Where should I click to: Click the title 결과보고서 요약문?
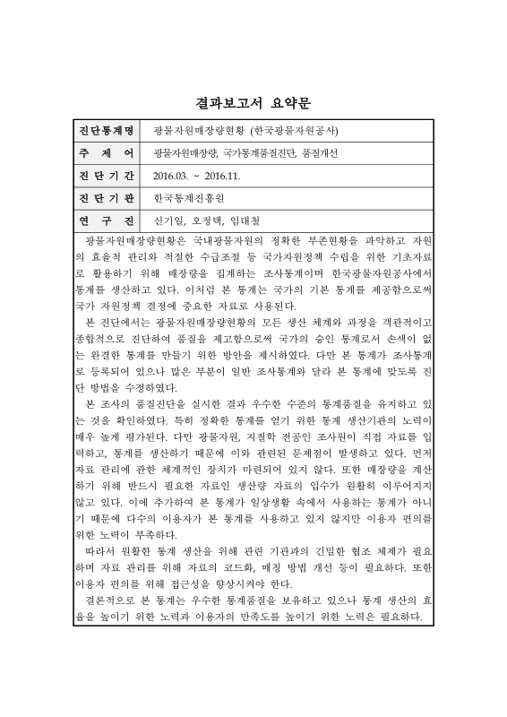tap(253, 102)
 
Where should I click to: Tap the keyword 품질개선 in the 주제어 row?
tap(321, 153)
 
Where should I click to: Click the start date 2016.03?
tap(171, 176)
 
